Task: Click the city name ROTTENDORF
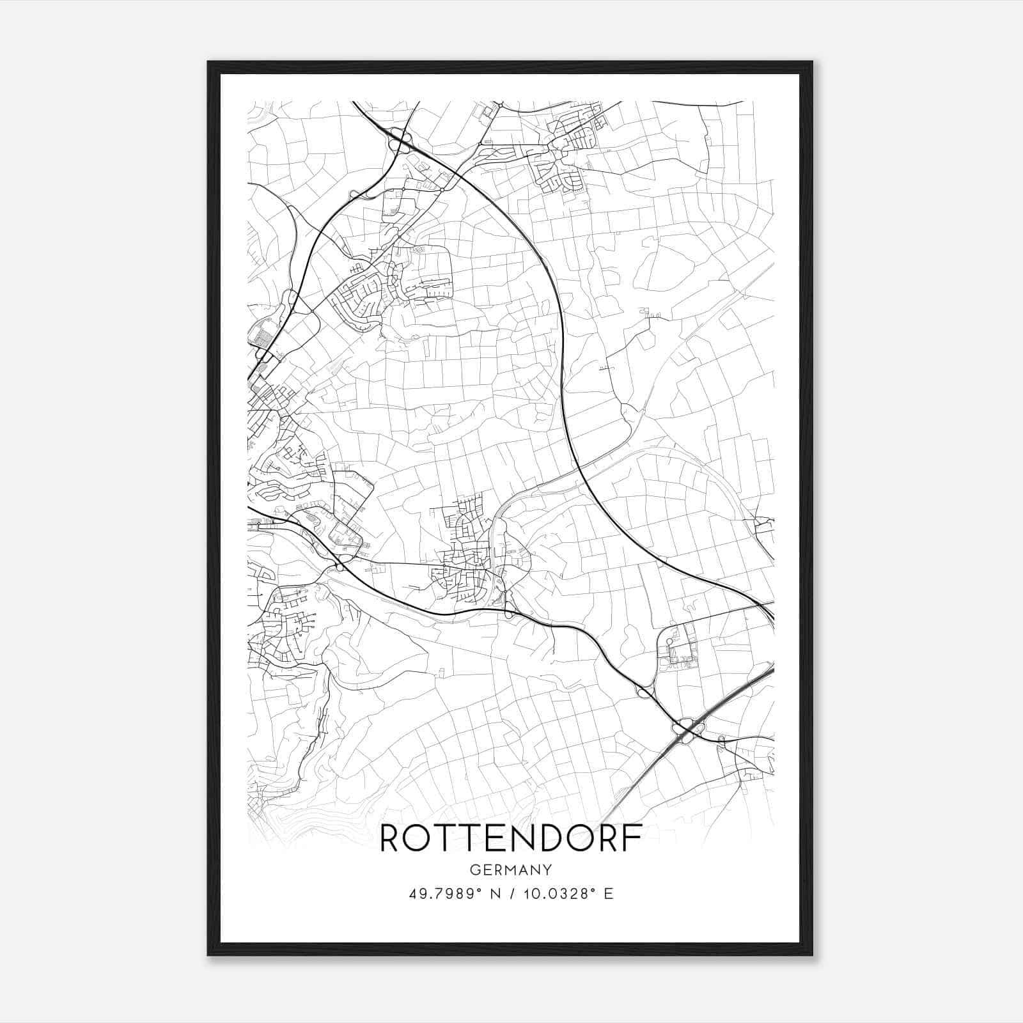coord(511,839)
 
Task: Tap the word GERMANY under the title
coord(511,870)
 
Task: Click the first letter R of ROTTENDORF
coord(392,839)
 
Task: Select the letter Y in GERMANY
coord(547,870)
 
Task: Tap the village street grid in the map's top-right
coord(563,150)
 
